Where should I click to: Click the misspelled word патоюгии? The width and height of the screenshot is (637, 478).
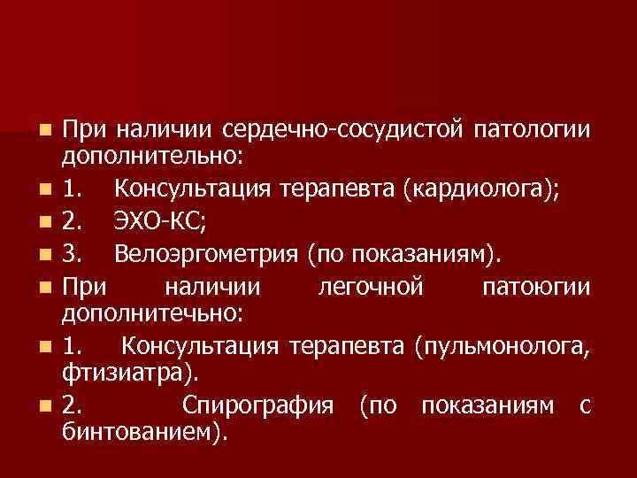point(537,288)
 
